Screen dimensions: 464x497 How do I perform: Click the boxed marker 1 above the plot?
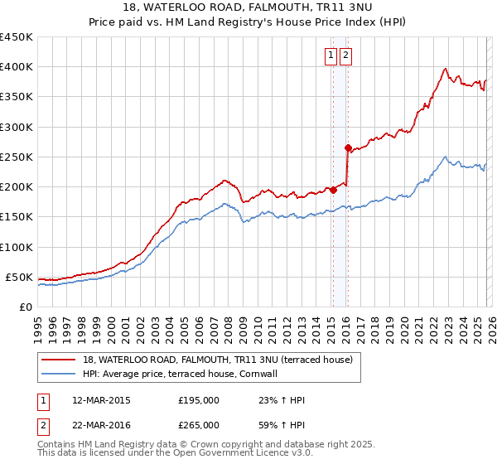[x=331, y=56]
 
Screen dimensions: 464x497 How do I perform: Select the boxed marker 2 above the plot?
[x=345, y=56]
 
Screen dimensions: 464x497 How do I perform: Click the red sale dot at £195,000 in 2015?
[x=333, y=190]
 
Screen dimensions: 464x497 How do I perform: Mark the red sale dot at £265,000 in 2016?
[x=348, y=147]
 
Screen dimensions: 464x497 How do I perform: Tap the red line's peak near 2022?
[x=446, y=69]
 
